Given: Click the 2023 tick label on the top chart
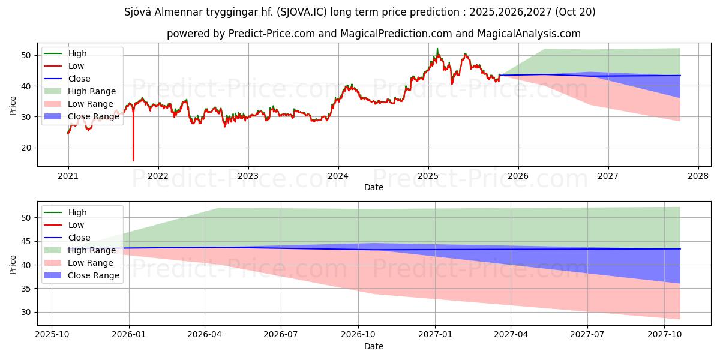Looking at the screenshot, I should point(248,176).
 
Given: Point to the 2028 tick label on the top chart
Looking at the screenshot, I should point(698,176).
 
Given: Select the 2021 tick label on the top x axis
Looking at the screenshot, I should point(68,176).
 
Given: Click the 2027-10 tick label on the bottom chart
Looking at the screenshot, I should point(664,335).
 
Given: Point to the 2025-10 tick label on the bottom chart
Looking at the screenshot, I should point(52,335).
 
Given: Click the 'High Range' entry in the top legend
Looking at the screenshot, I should point(92,91).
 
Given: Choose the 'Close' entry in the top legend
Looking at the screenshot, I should point(79,79).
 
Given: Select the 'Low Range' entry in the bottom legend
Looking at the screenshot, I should point(91,263).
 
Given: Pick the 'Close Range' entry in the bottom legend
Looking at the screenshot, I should point(94,275).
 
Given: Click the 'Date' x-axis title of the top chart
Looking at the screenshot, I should point(373,187).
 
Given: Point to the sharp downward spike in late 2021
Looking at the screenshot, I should point(133,159).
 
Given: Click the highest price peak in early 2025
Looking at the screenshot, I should point(437,49).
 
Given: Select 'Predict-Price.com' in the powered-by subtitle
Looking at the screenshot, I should point(272,34).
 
